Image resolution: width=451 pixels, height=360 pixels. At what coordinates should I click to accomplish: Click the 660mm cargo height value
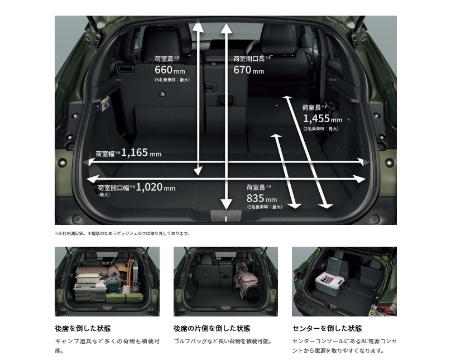(x=170, y=71)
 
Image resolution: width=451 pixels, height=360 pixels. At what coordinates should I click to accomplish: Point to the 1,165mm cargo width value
(x=141, y=152)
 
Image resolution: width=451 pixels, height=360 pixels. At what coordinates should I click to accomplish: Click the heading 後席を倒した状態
(x=83, y=328)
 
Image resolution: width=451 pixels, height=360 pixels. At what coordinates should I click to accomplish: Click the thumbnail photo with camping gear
(x=107, y=281)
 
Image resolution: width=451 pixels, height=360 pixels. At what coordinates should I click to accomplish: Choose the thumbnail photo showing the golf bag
(x=226, y=281)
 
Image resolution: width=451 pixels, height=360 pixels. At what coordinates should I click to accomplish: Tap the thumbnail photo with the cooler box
(x=344, y=281)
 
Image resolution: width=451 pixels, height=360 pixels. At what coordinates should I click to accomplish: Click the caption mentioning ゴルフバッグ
(x=222, y=340)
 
